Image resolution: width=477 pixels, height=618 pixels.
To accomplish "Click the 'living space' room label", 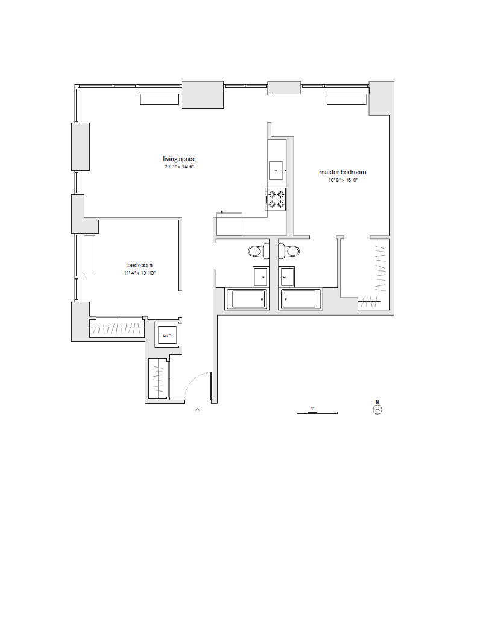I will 179,159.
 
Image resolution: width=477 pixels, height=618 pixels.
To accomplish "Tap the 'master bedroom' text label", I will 342,173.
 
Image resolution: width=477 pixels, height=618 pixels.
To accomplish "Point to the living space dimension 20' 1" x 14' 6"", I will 179,167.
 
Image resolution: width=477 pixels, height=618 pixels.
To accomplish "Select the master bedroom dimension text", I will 342,180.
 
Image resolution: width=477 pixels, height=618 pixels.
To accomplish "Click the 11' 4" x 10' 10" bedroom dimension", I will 139,273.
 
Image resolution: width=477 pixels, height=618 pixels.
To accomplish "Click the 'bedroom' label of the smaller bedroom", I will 139,265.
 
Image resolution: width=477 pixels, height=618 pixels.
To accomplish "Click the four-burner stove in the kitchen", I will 276,199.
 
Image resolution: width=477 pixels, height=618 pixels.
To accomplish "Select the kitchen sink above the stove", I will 277,170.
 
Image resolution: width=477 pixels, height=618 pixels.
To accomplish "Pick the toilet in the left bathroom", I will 256,251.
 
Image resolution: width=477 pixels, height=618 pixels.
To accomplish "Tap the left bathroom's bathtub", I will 246,299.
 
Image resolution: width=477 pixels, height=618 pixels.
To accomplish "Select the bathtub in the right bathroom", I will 300,299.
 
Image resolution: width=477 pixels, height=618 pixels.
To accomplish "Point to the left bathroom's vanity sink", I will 261,276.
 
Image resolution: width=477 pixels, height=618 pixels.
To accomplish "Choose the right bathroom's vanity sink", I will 287,276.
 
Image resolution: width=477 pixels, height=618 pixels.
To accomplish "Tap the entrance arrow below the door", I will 197,410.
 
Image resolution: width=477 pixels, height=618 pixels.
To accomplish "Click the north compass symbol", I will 377,409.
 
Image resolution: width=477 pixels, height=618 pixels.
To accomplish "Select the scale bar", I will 317,412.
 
